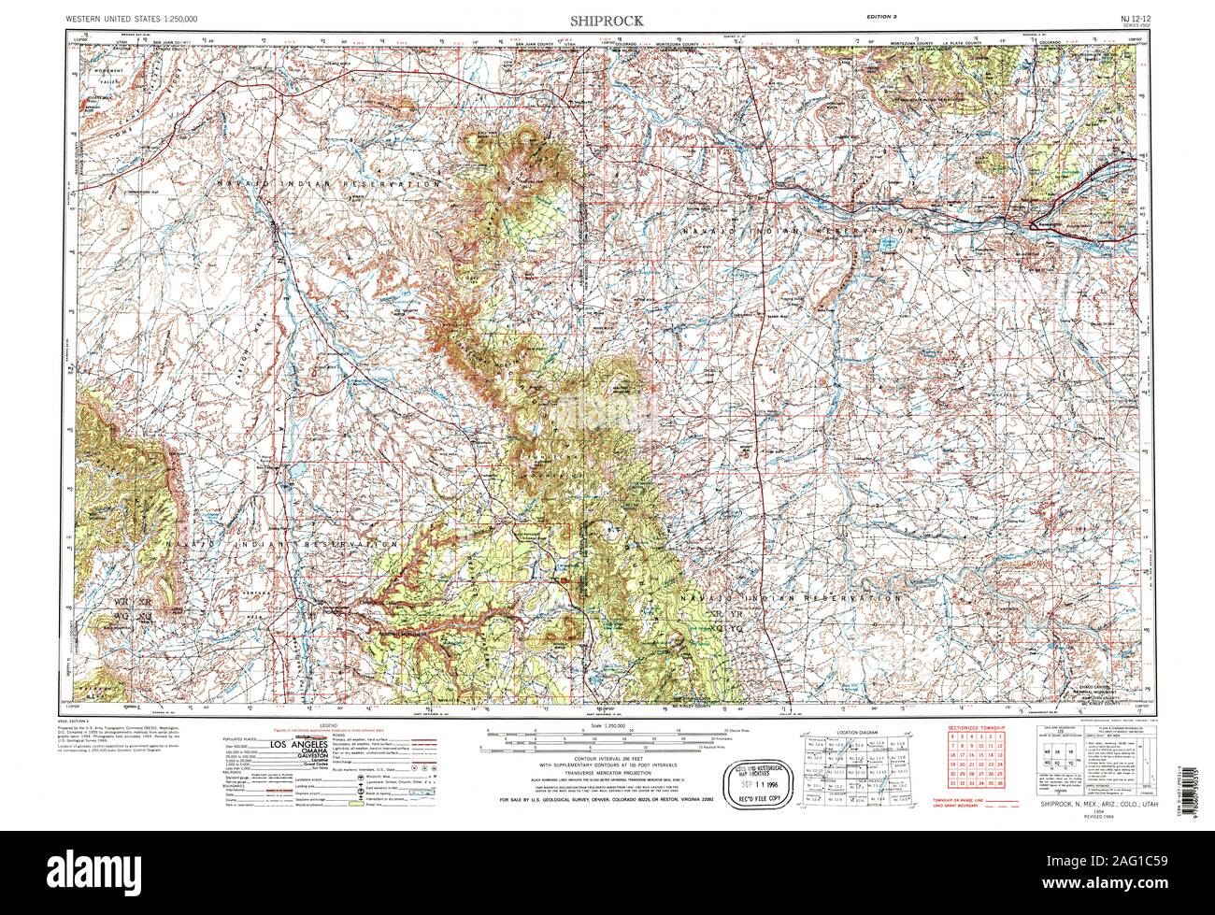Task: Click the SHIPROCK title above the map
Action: click(x=608, y=19)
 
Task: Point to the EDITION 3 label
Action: click(x=879, y=19)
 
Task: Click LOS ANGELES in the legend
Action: click(x=274, y=744)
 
